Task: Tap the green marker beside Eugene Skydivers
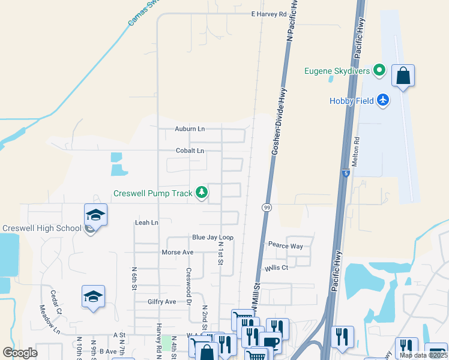[x=379, y=71]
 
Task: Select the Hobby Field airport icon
[x=384, y=100]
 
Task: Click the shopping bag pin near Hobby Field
[x=403, y=76]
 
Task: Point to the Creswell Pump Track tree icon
[x=203, y=193]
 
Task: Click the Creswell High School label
[x=42, y=228]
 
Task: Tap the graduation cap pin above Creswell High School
[x=95, y=214]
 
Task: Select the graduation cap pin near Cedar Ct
[x=93, y=296]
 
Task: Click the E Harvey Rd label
[x=269, y=14]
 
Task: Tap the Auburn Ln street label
[x=190, y=129]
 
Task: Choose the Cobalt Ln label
[x=190, y=151]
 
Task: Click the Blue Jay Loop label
[x=212, y=238]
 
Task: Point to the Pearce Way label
[x=286, y=246]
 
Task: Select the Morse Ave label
[x=178, y=253]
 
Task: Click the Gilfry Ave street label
[x=162, y=301]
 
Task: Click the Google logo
[x=20, y=353]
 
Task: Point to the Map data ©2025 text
[x=423, y=355]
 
